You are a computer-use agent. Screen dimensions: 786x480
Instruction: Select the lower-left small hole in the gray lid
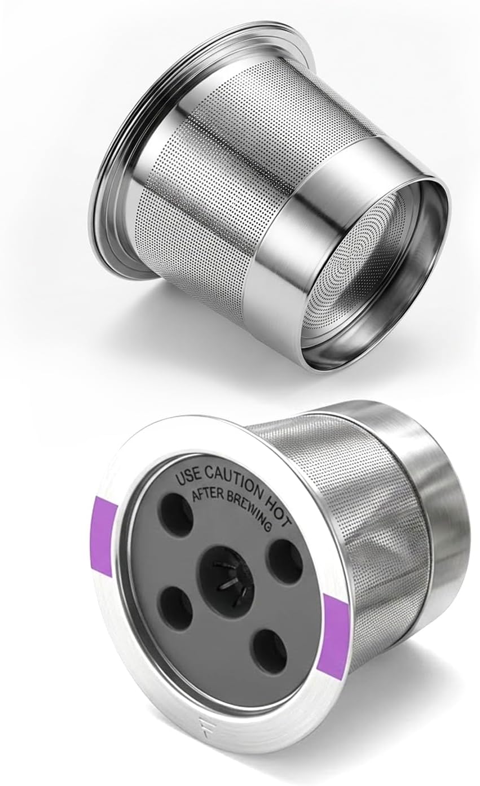coord(176,606)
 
